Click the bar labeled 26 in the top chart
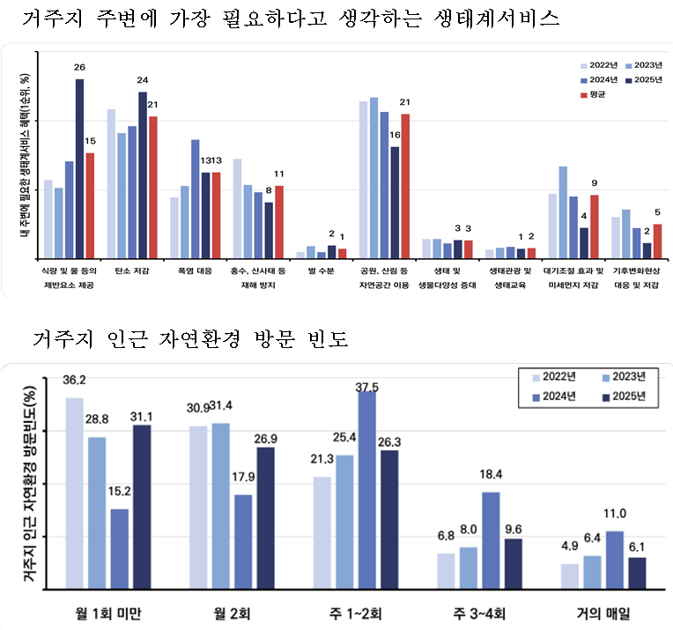tap(79, 167)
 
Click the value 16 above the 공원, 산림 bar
tap(395, 135)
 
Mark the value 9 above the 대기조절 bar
tap(570, 182)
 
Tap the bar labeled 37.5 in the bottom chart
tap(367, 489)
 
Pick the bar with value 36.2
tap(75, 493)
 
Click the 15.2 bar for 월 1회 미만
tap(119, 548)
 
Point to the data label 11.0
tap(614, 514)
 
